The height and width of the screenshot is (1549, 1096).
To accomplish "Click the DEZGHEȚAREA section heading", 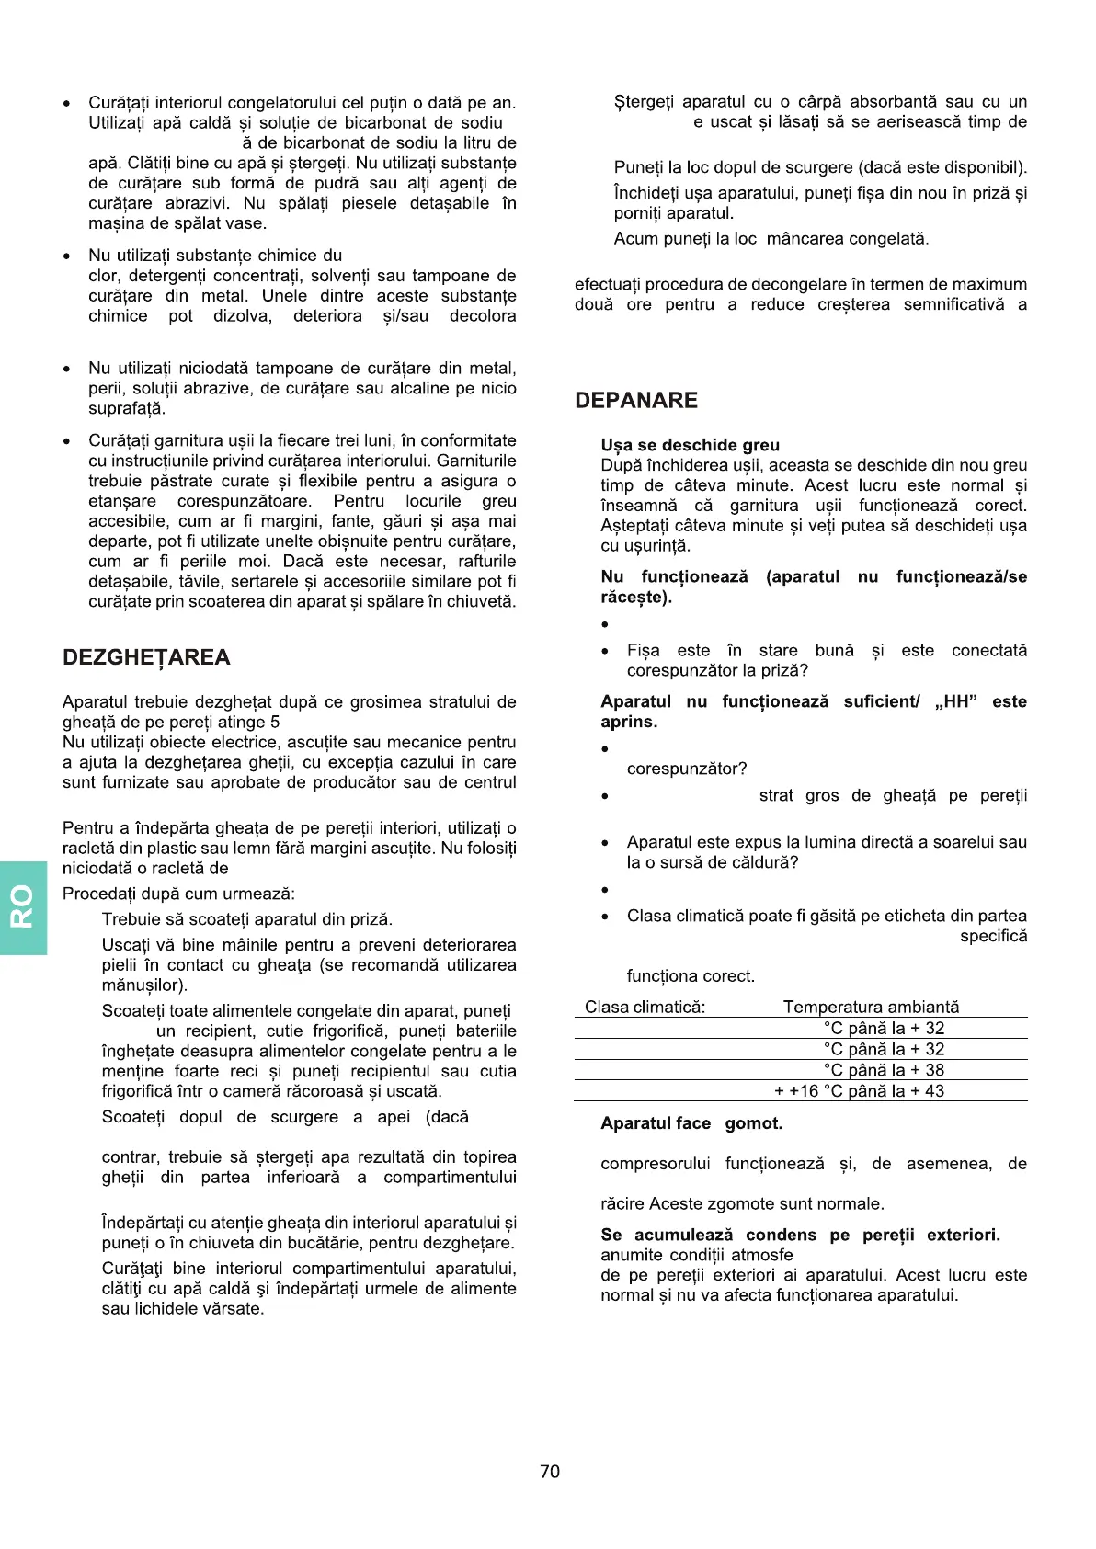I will point(146,657).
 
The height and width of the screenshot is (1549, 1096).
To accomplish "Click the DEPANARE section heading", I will point(636,401).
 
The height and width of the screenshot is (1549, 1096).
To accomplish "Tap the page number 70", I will point(550,1472).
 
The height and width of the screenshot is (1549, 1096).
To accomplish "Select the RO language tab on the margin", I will point(23,906).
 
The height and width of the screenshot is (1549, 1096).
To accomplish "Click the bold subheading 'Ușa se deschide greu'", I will point(690,445).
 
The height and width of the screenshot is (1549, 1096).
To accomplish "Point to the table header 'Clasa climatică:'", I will point(645,1007).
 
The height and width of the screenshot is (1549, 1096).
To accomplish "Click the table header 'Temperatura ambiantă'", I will point(871,1007).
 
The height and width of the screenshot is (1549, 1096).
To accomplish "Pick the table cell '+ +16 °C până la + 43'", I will point(859,1091).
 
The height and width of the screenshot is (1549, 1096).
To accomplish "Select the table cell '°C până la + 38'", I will point(884,1070).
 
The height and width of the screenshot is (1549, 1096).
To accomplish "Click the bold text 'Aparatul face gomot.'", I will point(691,1123).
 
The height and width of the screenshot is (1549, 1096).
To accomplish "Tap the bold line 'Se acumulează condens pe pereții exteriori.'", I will point(800,1235).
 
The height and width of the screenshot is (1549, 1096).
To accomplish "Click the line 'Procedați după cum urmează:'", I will point(178,894).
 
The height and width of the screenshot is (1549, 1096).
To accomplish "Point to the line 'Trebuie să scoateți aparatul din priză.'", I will point(247,919).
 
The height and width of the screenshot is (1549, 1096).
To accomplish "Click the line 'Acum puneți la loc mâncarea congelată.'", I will point(771,239).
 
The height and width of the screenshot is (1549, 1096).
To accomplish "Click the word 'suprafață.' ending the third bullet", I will point(127,408).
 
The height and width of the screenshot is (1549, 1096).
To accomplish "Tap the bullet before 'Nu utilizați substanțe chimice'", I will point(66,256).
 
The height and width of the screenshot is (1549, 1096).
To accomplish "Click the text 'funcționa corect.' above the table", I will point(691,976).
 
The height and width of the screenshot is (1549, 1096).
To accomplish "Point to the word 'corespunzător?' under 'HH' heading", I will point(687,769).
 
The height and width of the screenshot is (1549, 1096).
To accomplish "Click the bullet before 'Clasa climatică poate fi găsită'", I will point(604,917).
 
